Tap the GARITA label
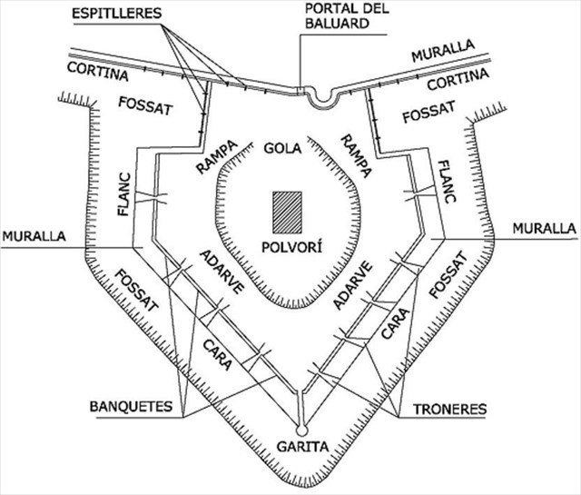click(x=300, y=447)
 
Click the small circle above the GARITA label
click(x=300, y=428)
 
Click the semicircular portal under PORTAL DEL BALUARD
click(x=320, y=98)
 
